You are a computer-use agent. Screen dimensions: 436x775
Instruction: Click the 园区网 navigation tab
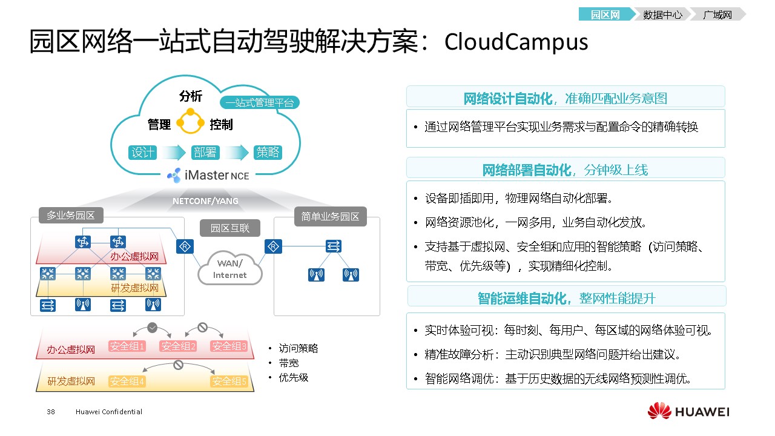605,15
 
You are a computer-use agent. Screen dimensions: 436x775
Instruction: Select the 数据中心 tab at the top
662,15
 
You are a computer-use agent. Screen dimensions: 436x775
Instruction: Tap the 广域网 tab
717,15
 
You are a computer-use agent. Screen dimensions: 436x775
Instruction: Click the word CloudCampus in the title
516,42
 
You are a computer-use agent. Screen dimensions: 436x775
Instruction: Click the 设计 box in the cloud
143,152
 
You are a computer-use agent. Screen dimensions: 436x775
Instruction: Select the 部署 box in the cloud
205,152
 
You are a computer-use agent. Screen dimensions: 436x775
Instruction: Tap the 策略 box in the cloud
268,152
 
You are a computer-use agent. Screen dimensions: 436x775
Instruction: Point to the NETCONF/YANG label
205,200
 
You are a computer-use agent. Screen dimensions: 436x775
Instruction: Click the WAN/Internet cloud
230,269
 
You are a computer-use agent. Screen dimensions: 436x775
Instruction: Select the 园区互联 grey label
229,228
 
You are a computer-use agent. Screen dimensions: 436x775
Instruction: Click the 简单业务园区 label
330,216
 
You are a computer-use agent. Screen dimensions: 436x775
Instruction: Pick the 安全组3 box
229,346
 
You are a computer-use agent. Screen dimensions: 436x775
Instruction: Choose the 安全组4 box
127,381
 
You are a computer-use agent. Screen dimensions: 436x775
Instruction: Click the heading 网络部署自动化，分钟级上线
565,170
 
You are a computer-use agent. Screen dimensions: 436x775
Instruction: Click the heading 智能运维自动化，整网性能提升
566,298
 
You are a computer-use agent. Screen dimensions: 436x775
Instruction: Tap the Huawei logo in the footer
688,412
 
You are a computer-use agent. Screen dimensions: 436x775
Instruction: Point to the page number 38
51,412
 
